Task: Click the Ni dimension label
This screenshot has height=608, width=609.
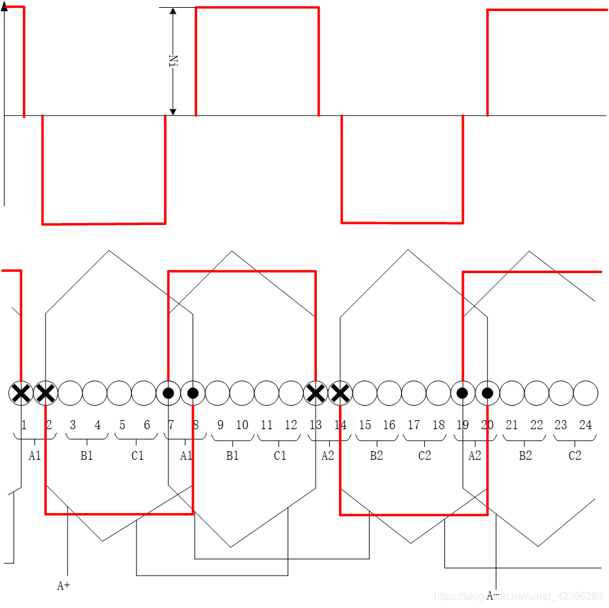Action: pos(173,61)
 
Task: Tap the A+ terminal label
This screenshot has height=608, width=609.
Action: pos(64,586)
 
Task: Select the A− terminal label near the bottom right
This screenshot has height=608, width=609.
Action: pos(493,595)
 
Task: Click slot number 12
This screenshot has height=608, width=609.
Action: pos(291,425)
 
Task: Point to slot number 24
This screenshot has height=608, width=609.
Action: pos(586,425)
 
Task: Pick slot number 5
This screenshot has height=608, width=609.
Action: pos(122,425)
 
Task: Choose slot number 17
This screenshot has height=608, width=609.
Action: pos(414,425)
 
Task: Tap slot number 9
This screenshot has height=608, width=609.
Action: pos(221,425)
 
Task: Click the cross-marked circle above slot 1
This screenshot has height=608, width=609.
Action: pos(21,393)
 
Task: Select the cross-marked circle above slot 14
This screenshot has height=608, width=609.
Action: pos(340,393)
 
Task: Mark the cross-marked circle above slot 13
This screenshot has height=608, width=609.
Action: pos(316,393)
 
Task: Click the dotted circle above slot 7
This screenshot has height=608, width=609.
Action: pos(169,393)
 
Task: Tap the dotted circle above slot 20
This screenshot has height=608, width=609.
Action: pos(487,393)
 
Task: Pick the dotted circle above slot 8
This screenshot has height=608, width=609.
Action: pos(193,393)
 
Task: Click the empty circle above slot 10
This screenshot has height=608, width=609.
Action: pos(242,393)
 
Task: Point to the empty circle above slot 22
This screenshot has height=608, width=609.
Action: pos(536,393)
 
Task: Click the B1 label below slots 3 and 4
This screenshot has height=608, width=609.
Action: pos(87,456)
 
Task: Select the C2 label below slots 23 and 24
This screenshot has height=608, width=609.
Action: pos(575,456)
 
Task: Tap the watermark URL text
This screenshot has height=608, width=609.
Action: pos(518,596)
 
